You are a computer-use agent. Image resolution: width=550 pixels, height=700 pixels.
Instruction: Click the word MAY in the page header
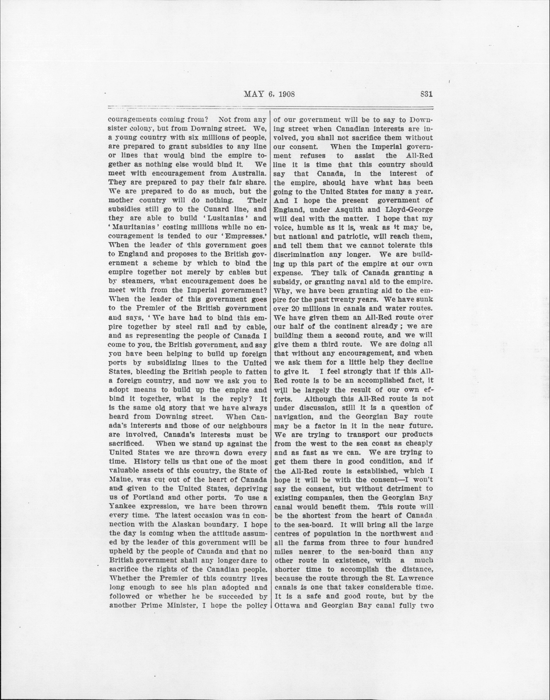point(254,94)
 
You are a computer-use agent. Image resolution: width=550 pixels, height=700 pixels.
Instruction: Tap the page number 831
point(426,94)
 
